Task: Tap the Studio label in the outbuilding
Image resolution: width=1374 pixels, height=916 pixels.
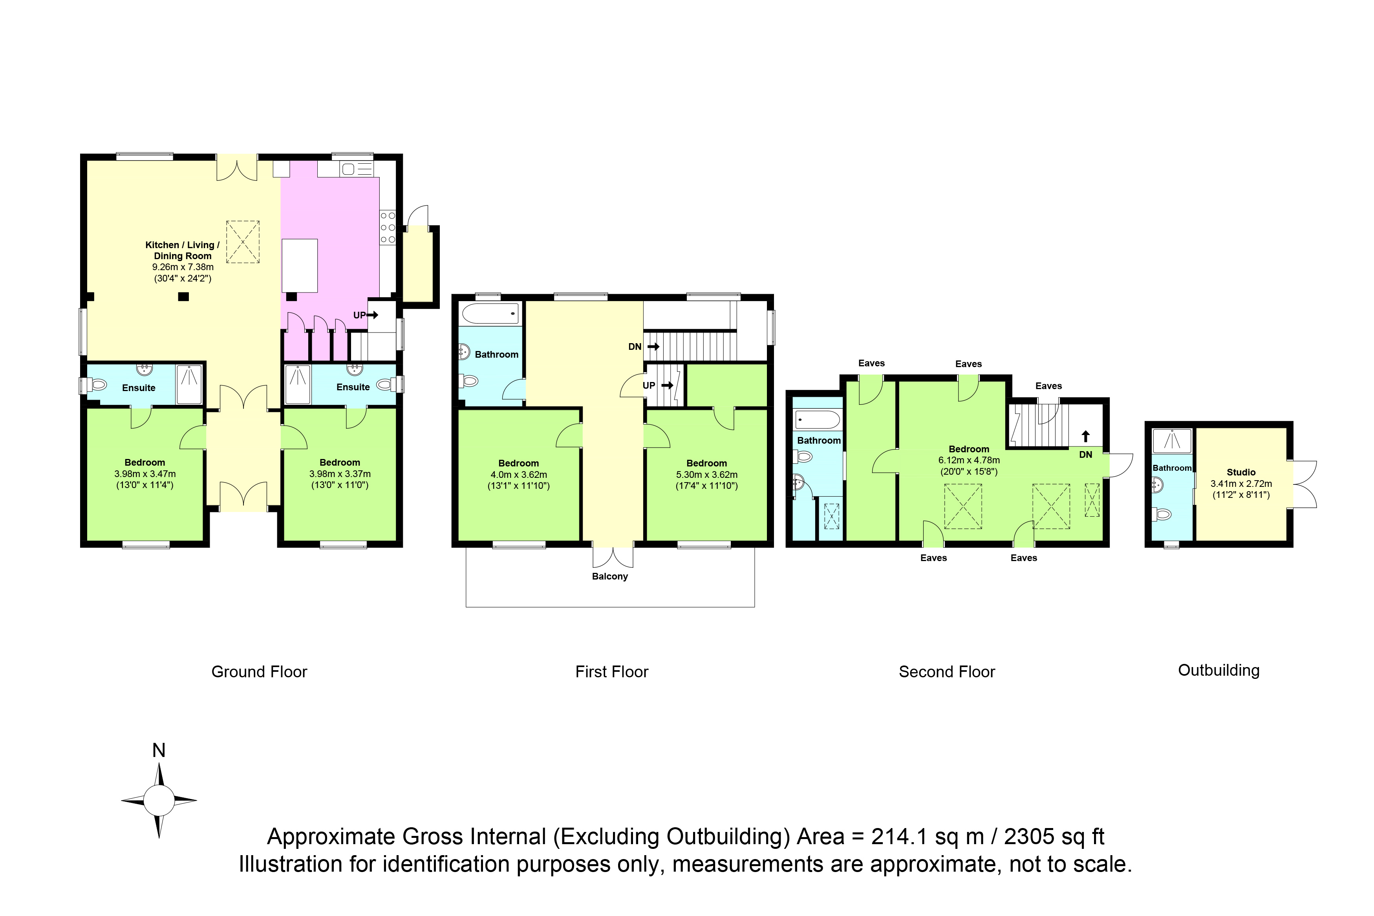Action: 1241,472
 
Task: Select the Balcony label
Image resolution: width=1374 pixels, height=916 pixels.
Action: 610,577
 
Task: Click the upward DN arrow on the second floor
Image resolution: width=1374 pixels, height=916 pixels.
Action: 1085,436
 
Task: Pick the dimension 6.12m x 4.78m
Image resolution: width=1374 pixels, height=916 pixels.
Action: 969,460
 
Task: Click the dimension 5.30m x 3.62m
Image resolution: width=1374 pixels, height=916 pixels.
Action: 707,474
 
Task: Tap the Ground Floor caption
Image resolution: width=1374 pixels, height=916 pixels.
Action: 260,672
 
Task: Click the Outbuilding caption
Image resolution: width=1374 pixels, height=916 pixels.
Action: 1218,671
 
